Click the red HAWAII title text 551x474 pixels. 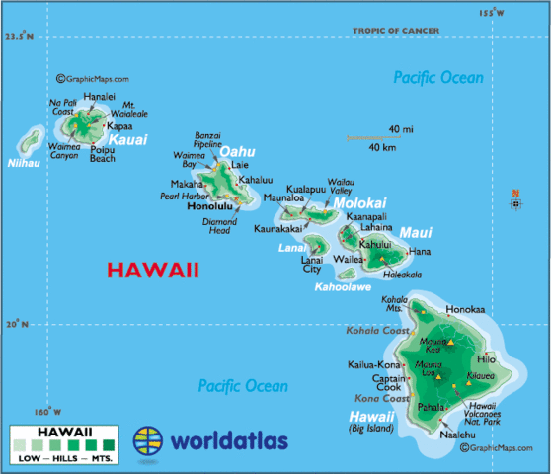click(153, 270)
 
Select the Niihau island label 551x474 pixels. click(23, 163)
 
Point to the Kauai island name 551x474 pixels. click(128, 140)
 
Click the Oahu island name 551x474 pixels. click(237, 151)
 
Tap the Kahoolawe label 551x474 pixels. click(343, 287)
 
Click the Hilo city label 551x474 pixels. click(486, 359)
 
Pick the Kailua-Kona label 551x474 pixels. click(372, 365)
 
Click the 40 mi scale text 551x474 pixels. click(400, 129)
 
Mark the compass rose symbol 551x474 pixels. click(515, 203)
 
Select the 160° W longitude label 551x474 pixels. click(46, 412)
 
